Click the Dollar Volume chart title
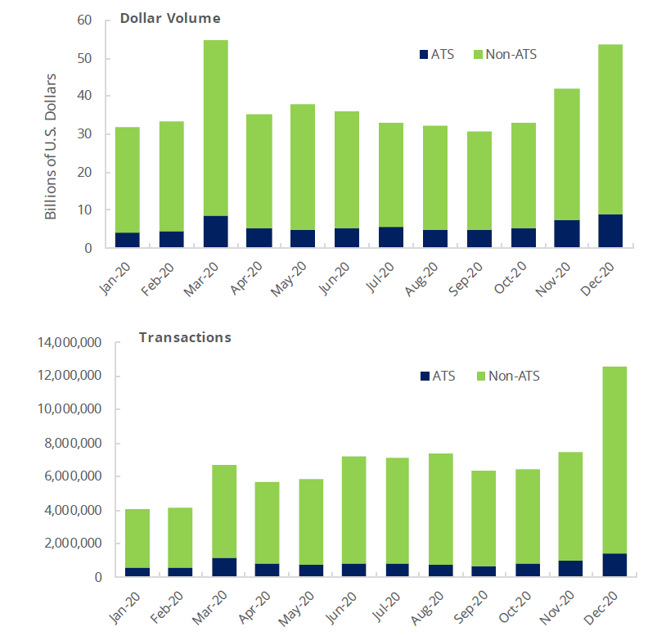tap(170, 17)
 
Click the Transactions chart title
tap(185, 337)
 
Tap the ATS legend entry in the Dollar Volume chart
tap(437, 55)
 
